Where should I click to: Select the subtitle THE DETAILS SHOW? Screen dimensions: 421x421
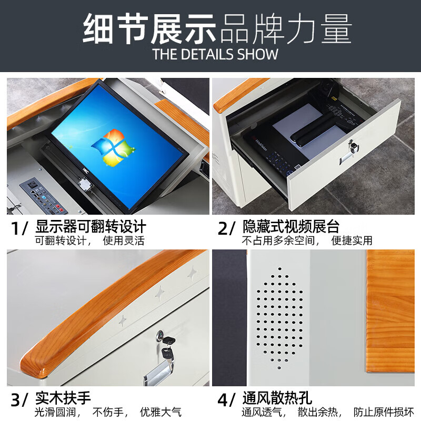click(x=215, y=54)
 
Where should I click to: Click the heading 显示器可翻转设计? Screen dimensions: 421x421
click(x=91, y=227)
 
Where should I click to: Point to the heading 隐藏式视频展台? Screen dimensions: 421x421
click(x=291, y=227)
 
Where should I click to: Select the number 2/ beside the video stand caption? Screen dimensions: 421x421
click(x=226, y=229)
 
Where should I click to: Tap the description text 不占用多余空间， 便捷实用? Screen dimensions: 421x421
click(x=307, y=241)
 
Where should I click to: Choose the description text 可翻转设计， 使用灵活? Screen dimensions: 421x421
click(x=89, y=241)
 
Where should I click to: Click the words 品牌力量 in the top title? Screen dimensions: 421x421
click(x=285, y=29)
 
